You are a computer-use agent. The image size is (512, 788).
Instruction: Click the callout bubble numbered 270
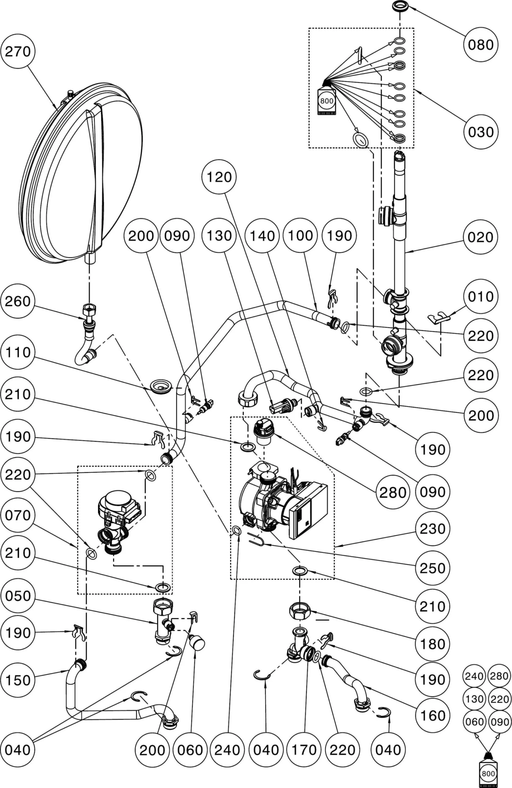(18, 51)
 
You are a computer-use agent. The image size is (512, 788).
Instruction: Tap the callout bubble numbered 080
(481, 45)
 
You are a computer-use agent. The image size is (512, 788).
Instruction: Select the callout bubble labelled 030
(481, 132)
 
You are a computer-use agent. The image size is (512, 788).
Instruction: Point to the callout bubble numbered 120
(219, 177)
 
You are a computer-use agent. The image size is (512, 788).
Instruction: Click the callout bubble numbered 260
(18, 301)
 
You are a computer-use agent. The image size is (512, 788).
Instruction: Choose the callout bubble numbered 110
(18, 352)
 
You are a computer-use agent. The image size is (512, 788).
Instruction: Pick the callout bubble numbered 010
(481, 296)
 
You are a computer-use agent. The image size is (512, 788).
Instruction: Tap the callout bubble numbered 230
(432, 529)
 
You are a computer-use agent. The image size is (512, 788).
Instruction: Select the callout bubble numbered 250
(432, 568)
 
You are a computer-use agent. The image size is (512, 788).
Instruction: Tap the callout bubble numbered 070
(18, 515)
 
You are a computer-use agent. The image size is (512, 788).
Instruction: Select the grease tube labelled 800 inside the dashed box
(327, 101)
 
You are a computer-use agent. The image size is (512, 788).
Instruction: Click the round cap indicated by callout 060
(197, 643)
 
